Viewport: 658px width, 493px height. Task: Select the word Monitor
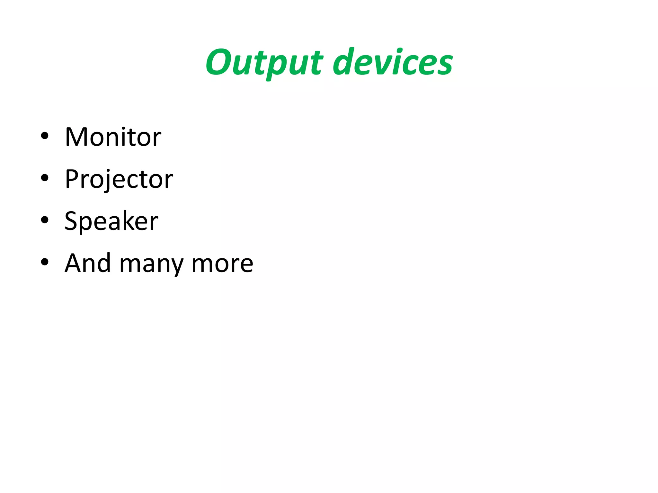pos(113,137)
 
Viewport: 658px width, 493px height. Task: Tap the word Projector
pos(119,179)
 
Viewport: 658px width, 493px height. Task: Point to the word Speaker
pos(111,221)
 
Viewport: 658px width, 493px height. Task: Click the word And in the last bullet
pos(88,263)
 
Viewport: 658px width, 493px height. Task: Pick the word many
pos(151,265)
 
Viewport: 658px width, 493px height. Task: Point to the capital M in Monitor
pos(76,137)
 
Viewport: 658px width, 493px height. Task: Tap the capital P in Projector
pos(72,179)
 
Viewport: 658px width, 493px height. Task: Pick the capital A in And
pos(75,263)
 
